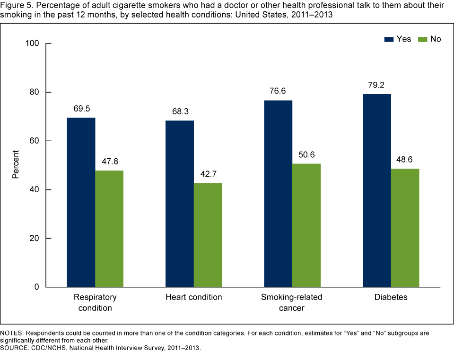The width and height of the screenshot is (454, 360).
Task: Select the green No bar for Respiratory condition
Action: (109, 229)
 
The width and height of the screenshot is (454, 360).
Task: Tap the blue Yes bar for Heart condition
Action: (179, 204)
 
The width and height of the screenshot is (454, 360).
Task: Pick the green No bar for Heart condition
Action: (208, 235)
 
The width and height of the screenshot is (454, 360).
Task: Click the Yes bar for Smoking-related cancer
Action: (278, 194)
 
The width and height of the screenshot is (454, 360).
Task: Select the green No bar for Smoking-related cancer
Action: (306, 225)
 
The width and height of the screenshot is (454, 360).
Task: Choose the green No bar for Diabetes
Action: (405, 228)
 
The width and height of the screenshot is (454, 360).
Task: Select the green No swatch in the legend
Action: (422, 39)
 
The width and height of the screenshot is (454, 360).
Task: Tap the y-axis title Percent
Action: (16, 164)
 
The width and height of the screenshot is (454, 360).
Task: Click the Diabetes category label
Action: (391, 298)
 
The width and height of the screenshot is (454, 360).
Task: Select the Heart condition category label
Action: (193, 298)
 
